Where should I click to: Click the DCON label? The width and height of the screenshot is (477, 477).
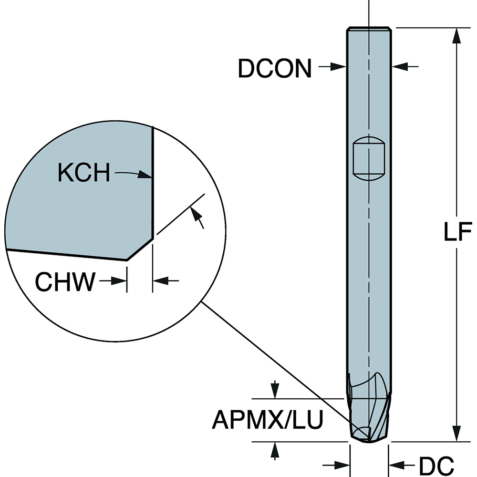(x=274, y=68)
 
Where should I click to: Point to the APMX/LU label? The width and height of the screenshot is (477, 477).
(x=268, y=420)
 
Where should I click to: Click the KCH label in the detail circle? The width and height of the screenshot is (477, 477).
(x=84, y=173)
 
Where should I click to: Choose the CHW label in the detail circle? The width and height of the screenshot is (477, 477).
(x=65, y=282)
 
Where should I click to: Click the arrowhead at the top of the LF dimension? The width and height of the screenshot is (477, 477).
(x=457, y=34)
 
